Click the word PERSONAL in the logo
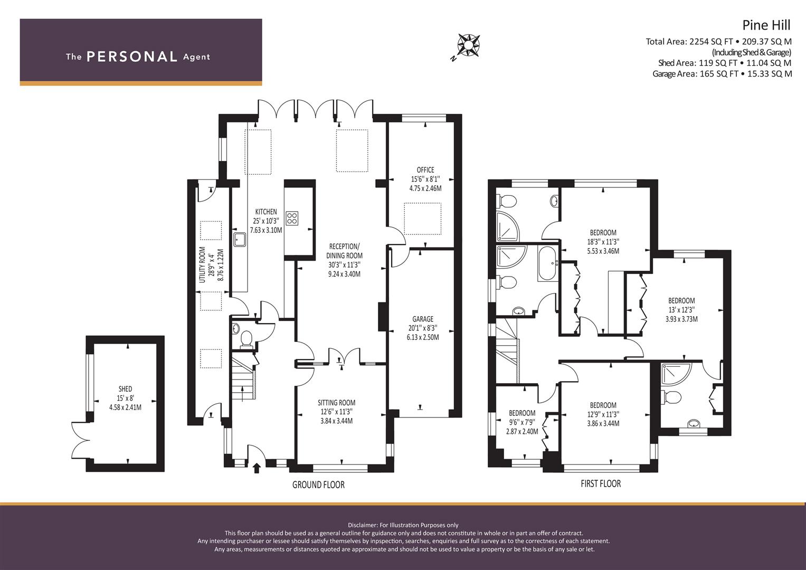(132, 56)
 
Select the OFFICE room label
(425, 170)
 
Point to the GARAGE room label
(423, 319)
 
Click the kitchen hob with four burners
(292, 218)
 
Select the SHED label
(125, 389)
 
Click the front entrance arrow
(257, 468)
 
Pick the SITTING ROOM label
(336, 403)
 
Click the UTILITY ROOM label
(202, 264)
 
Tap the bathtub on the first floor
(548, 263)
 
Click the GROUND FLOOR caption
(318, 485)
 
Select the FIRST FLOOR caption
(601, 483)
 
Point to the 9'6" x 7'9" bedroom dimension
(522, 422)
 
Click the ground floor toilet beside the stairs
(246, 339)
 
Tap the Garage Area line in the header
(722, 74)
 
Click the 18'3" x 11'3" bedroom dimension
(603, 242)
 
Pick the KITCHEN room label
(266, 212)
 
